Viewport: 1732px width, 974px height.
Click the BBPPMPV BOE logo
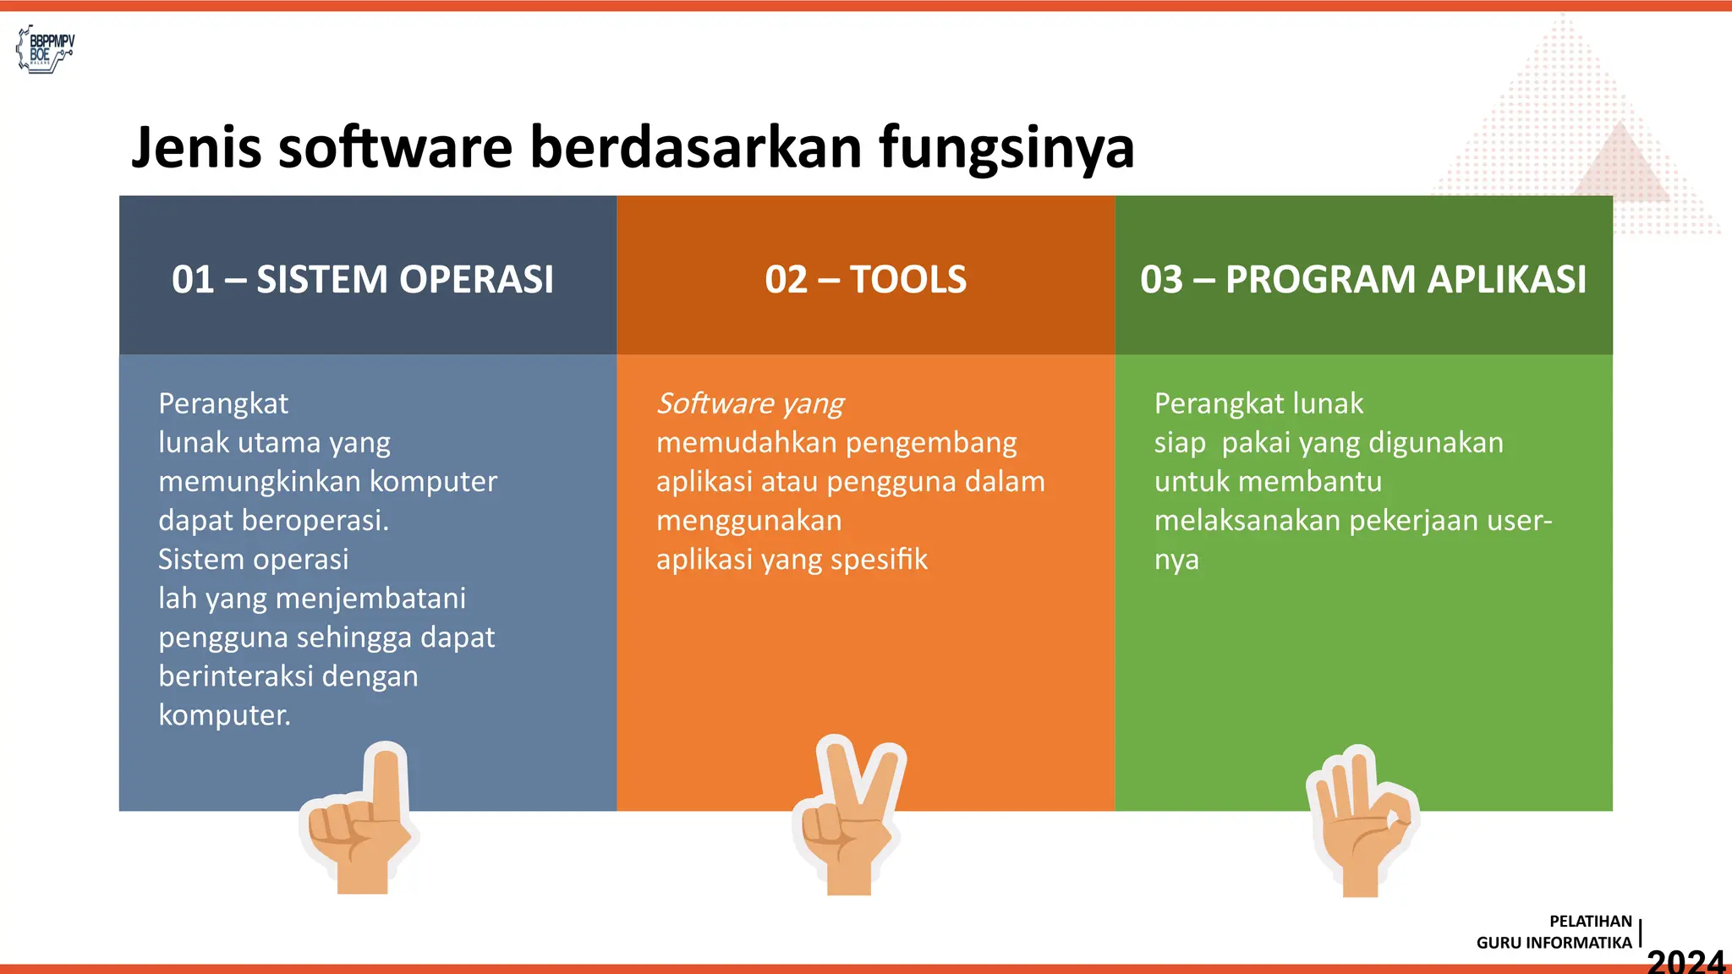tap(46, 49)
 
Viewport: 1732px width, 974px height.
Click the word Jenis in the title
tap(196, 148)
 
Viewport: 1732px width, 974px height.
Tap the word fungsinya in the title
tap(1006, 148)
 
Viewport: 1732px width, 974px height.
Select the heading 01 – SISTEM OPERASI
tap(363, 279)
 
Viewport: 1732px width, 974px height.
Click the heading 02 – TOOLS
tap(865, 279)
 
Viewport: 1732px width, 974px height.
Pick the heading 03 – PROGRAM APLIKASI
tap(1363, 279)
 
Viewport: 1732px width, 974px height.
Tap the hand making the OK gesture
tap(1360, 820)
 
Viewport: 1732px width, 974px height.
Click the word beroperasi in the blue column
tap(315, 521)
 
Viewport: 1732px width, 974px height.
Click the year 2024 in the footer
tap(1685, 961)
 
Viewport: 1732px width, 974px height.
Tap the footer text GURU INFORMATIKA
tap(1554, 943)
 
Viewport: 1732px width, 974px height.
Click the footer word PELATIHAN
tap(1590, 922)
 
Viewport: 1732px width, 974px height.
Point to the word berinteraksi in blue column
tap(236, 676)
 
